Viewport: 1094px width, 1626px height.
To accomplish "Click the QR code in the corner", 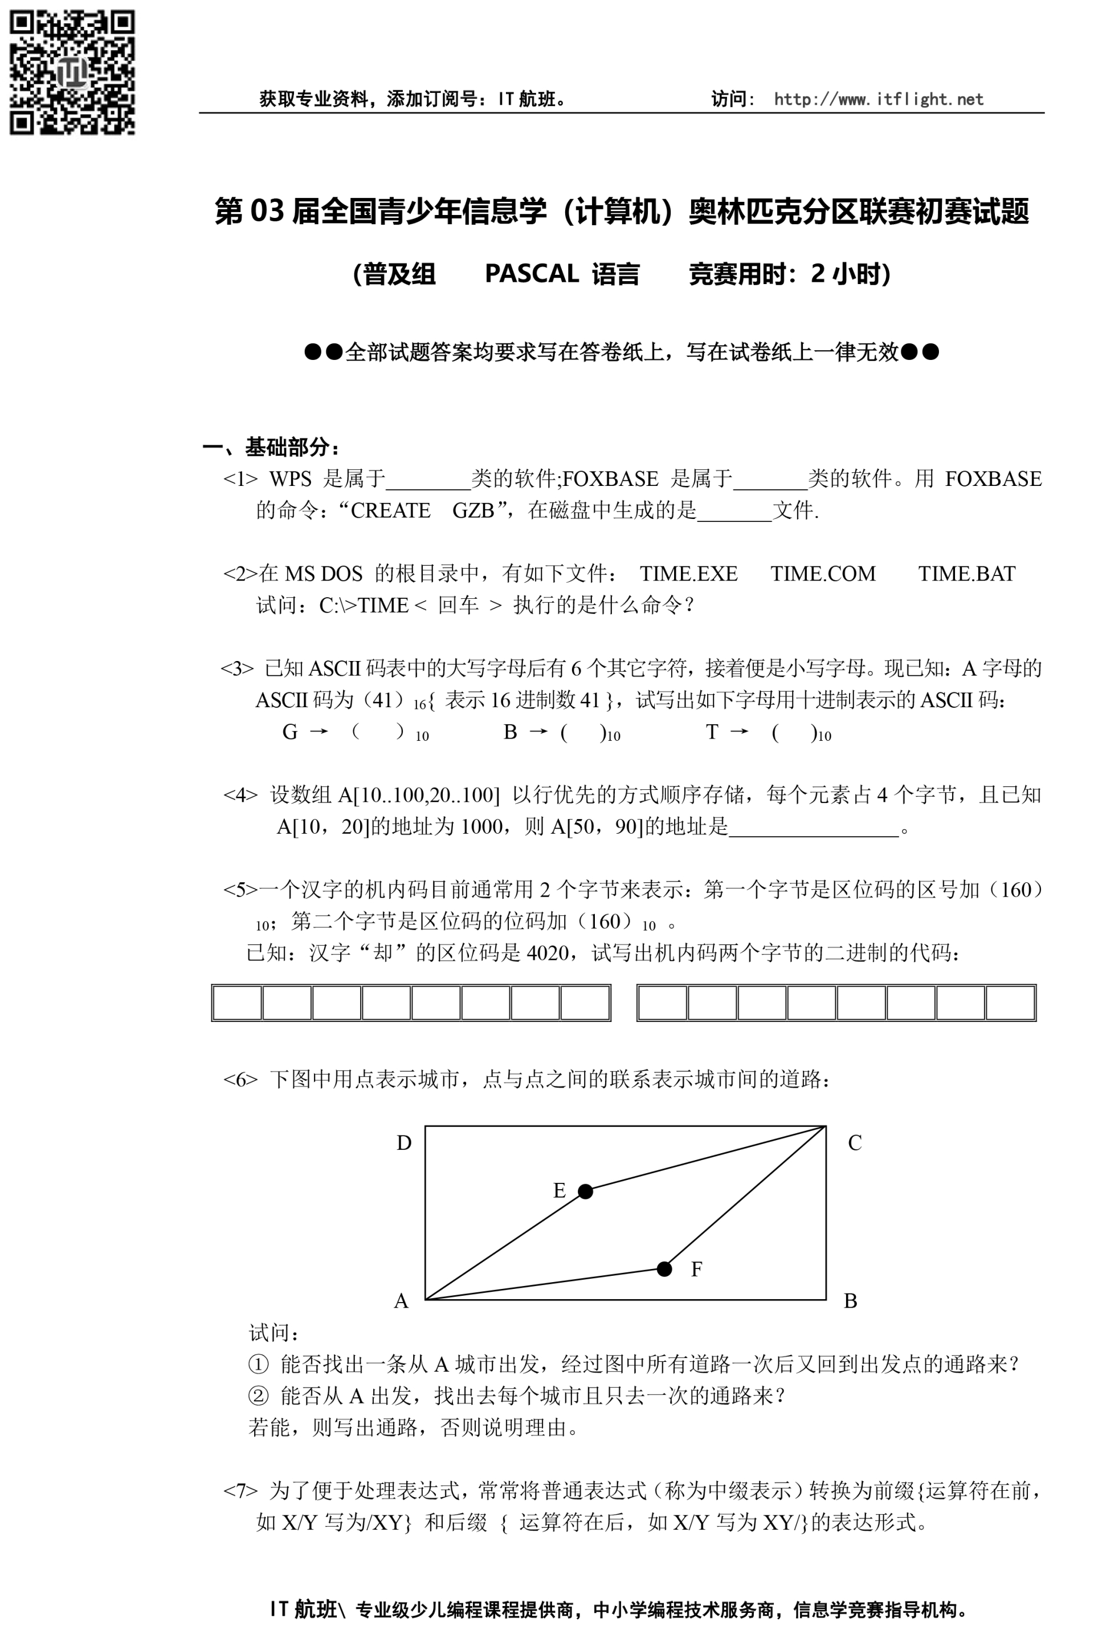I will click(72, 72).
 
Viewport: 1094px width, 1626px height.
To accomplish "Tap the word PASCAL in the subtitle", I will click(532, 274).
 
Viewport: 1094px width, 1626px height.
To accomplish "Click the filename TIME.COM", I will click(823, 573).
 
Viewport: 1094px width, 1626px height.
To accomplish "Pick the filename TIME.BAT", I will click(966, 573).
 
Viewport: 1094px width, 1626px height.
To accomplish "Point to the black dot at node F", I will click(664, 1268).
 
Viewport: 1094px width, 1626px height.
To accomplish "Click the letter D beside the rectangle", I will click(404, 1143).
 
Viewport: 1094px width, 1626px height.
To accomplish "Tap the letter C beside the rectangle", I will click(855, 1143).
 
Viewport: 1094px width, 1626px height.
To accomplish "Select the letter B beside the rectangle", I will click(851, 1301).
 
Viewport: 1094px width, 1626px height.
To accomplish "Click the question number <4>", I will click(240, 794).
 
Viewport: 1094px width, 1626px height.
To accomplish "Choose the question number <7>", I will click(240, 1491).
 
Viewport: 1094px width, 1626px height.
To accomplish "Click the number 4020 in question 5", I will click(548, 952).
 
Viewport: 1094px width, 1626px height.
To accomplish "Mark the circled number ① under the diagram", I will click(258, 1364).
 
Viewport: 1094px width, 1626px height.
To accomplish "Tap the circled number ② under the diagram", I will click(258, 1396).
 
